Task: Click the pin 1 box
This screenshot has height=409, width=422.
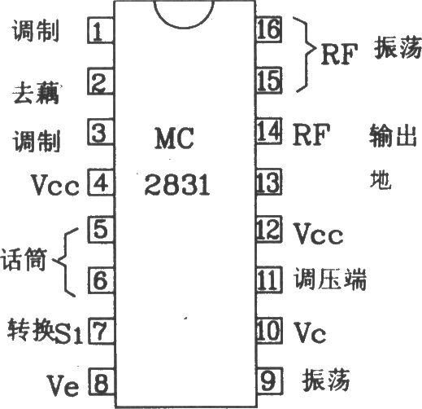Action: click(101, 30)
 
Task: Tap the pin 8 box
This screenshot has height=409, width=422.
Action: click(102, 382)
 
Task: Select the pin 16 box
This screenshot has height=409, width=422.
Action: click(268, 29)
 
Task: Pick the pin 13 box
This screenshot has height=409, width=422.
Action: click(269, 182)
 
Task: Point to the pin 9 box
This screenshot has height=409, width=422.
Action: click(269, 380)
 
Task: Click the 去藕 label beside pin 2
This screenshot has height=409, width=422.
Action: click(37, 93)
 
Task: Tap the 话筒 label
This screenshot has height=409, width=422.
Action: click(24, 259)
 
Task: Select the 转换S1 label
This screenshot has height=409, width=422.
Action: click(45, 331)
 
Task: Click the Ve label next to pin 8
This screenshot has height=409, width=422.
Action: click(63, 385)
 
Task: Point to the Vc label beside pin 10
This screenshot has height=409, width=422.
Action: click(311, 332)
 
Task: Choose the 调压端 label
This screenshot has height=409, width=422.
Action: click(330, 279)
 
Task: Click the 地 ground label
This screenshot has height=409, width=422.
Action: click(381, 179)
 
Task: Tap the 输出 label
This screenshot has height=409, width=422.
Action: click(393, 136)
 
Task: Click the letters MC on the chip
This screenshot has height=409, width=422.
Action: click(174, 139)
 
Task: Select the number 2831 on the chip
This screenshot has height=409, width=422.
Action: click(177, 185)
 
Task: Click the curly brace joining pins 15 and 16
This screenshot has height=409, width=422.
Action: click(307, 55)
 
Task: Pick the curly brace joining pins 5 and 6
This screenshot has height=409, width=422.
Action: click(64, 262)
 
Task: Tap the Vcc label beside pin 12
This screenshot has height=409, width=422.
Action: click(319, 234)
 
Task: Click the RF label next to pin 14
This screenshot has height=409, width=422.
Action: click(311, 134)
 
